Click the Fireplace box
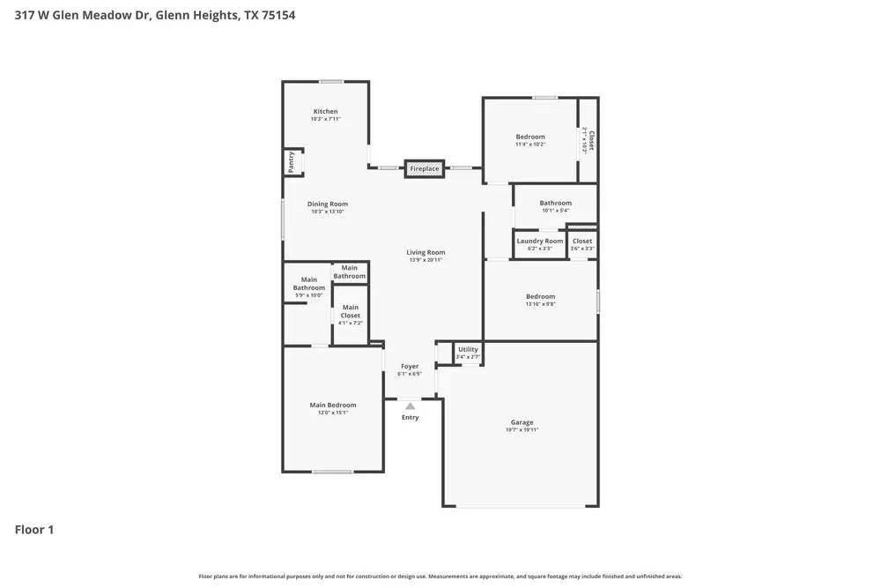click(x=424, y=168)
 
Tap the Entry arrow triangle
click(x=410, y=406)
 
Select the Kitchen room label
click(x=325, y=111)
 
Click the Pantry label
click(x=290, y=163)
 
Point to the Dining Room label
click(x=327, y=204)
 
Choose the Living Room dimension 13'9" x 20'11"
click(x=426, y=260)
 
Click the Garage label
click(x=522, y=422)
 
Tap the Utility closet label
click(x=468, y=350)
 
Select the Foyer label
click(x=410, y=366)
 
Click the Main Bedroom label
click(x=332, y=405)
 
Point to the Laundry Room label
click(x=539, y=241)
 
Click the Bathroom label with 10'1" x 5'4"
click(x=555, y=203)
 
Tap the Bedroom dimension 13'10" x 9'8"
click(x=540, y=304)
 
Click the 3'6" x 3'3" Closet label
click(x=582, y=241)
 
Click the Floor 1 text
click(x=34, y=530)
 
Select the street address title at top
click(x=155, y=15)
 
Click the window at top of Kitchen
click(x=331, y=82)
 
